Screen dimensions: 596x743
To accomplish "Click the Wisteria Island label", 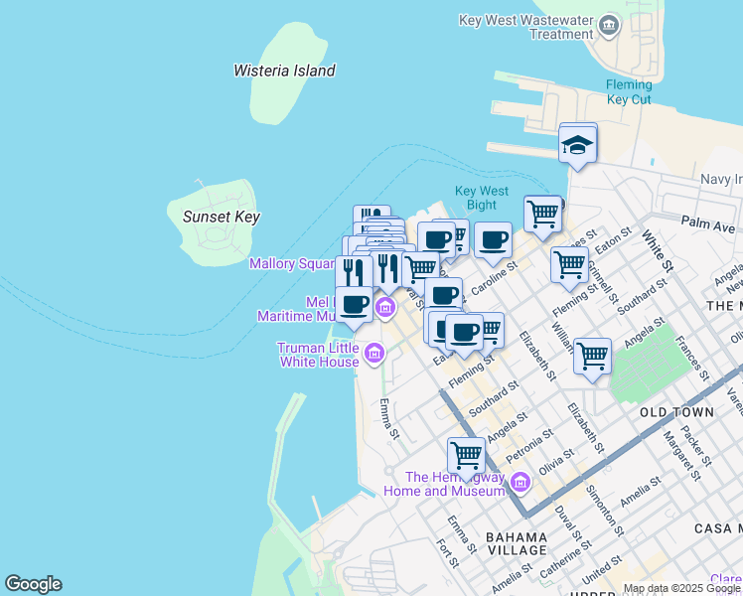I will (x=284, y=71).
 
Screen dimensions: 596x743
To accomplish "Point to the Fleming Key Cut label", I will (x=629, y=92).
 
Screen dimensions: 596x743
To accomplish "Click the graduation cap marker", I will (x=577, y=146).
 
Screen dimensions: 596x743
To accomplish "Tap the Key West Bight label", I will (x=482, y=198).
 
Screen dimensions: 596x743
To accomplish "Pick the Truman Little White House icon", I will (x=374, y=352).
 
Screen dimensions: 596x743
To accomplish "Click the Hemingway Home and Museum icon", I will (x=520, y=483).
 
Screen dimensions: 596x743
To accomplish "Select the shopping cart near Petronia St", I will (x=466, y=455).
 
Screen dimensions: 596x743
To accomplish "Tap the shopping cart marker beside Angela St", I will (x=592, y=355).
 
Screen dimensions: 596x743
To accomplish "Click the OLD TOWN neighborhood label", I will (x=676, y=411).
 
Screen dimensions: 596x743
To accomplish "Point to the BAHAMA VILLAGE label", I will (x=517, y=543).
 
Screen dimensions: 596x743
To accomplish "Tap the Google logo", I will (x=33, y=584).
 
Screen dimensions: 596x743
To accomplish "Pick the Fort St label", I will (x=447, y=553).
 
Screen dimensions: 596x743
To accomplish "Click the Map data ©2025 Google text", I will (x=681, y=588).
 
